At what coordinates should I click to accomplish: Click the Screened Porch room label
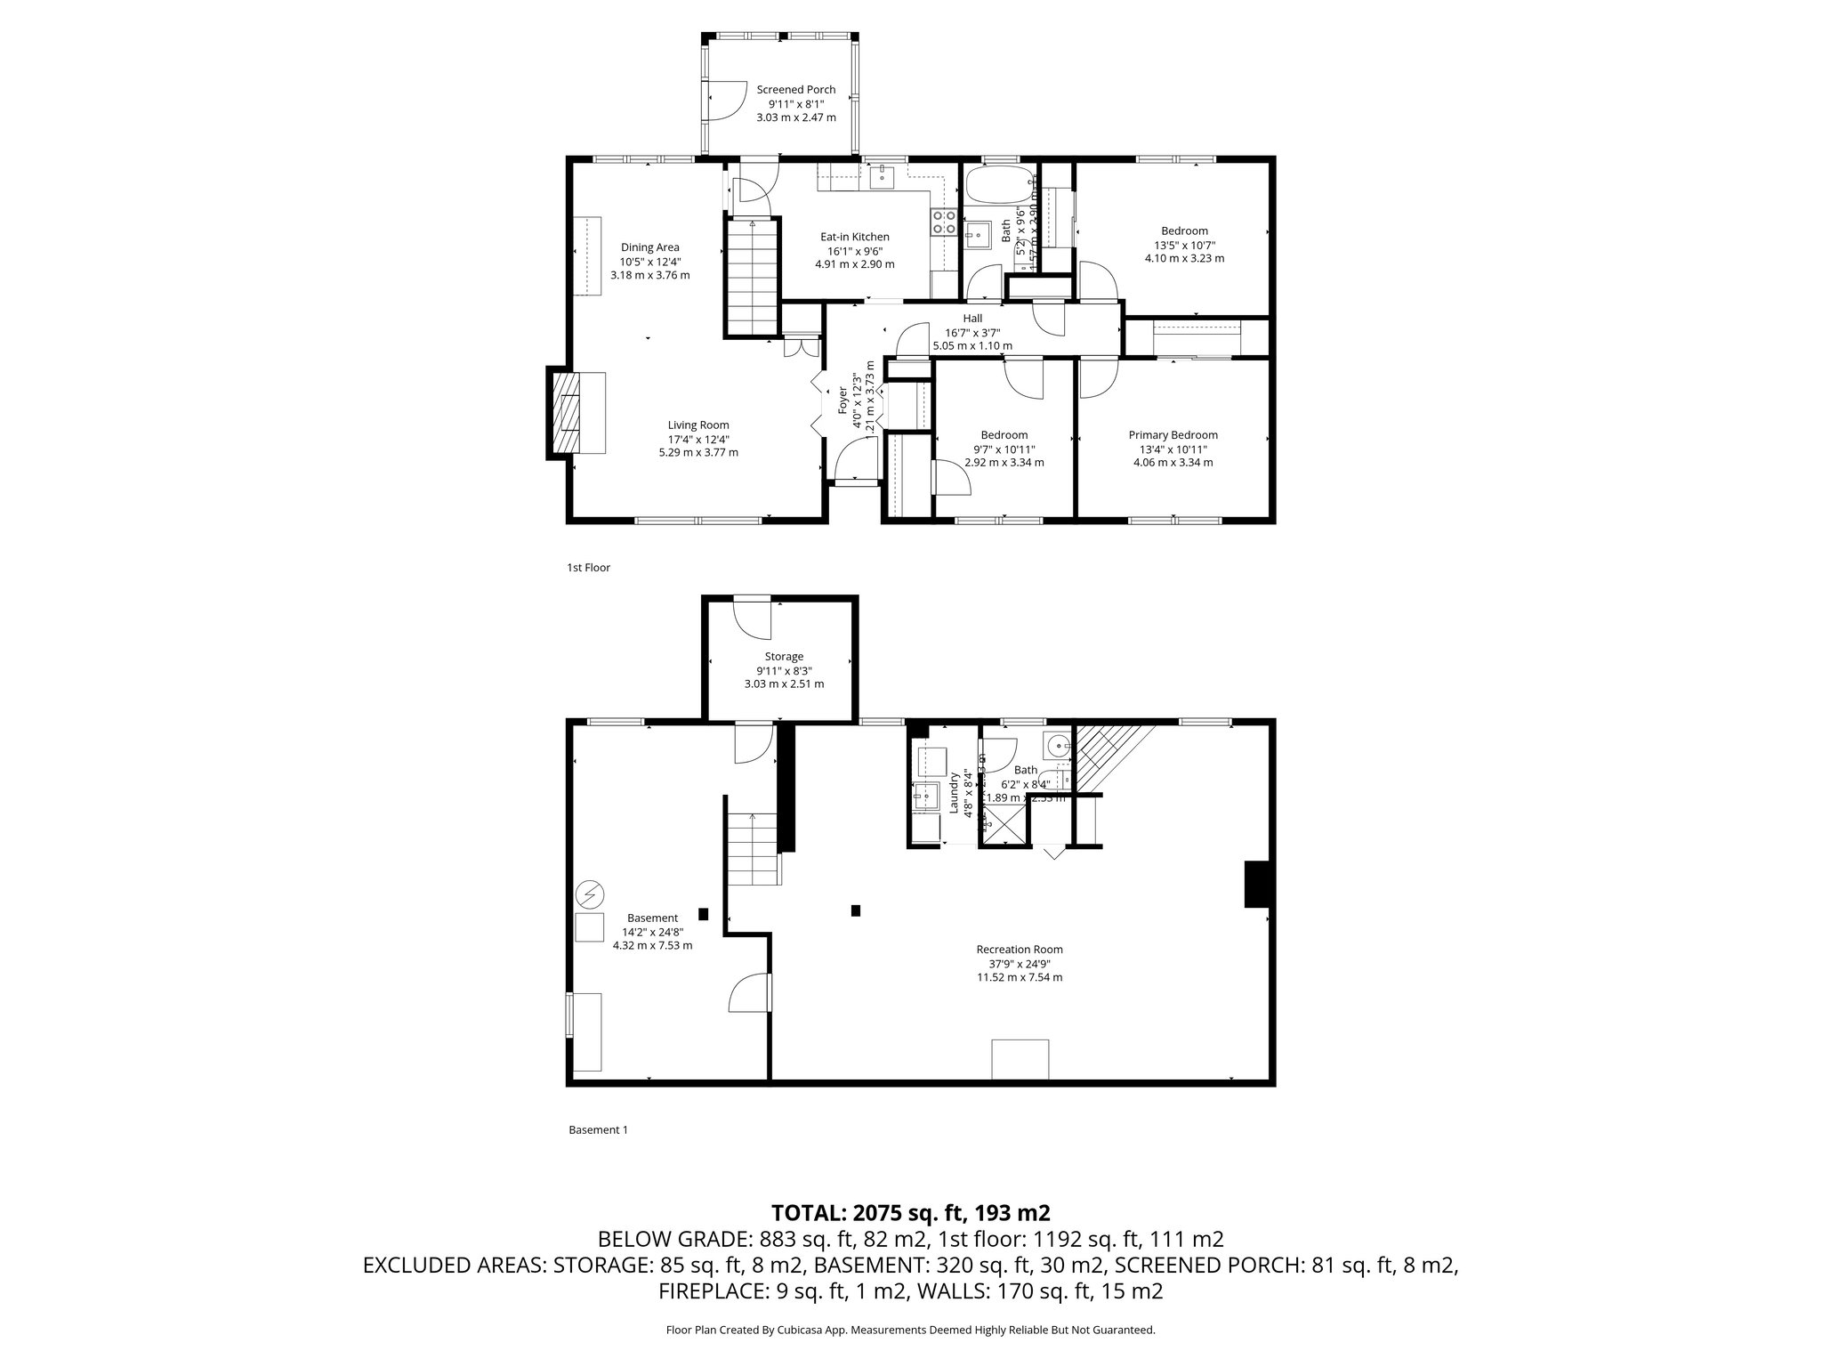[795, 90]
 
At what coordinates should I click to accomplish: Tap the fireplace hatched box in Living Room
[567, 413]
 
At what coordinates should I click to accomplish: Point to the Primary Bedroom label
[1173, 435]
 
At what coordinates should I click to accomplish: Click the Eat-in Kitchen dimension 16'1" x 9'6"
[854, 251]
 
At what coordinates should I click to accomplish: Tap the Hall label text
[972, 319]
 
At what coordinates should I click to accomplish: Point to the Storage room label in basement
[784, 657]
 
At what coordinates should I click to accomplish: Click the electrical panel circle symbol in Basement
[589, 892]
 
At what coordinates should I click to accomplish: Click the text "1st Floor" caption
[588, 567]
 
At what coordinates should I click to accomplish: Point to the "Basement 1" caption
[598, 1129]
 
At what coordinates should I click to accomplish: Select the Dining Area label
[649, 247]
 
